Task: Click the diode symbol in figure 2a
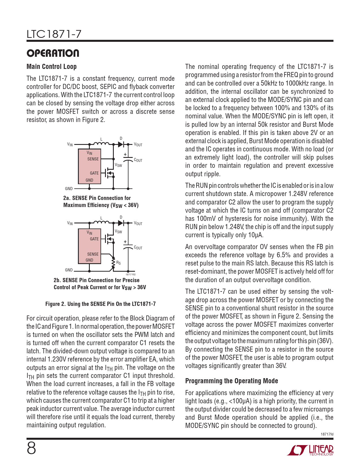(121, 144)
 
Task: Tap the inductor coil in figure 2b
(101, 223)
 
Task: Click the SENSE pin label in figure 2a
(93, 159)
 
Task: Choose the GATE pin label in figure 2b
(94, 239)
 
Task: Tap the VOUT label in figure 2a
(138, 145)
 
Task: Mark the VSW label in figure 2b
(118, 232)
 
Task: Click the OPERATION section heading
(53, 53)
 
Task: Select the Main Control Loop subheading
(51, 67)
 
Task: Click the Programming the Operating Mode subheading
(232, 381)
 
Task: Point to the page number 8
(31, 448)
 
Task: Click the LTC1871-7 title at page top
(54, 34)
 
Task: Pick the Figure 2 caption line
(100, 304)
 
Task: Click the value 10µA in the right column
(256, 235)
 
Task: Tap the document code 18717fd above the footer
(327, 434)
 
